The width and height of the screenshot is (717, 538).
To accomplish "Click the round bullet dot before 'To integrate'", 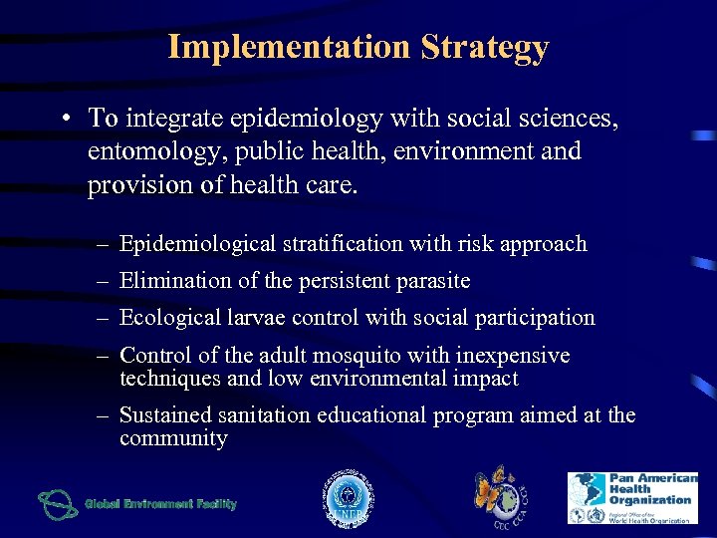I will [x=63, y=120].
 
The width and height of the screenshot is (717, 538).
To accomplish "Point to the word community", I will [x=173, y=438].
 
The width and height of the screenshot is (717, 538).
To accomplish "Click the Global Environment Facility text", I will [x=161, y=504].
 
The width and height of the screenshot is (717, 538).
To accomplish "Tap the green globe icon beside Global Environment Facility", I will [x=58, y=504].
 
